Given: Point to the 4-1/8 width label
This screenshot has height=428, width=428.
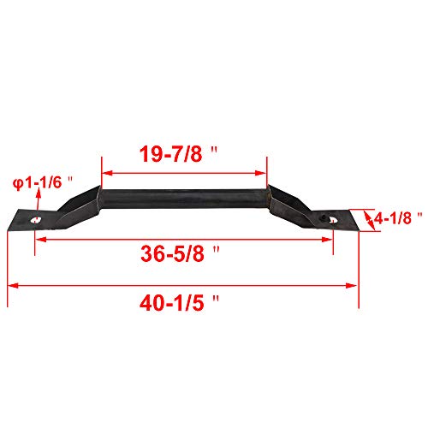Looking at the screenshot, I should tap(392, 219).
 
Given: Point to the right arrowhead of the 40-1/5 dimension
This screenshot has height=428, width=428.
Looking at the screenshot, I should tap(353, 286).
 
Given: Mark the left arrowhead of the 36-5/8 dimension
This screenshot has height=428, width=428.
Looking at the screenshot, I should tap(38, 241).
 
